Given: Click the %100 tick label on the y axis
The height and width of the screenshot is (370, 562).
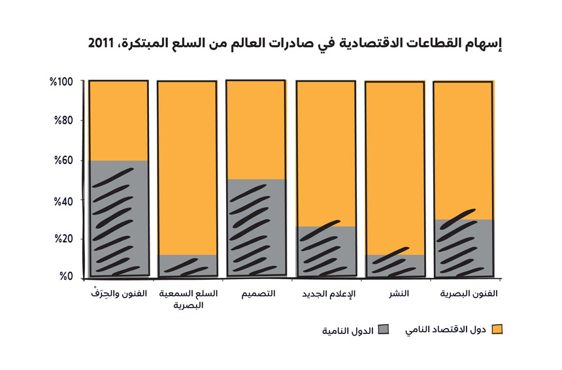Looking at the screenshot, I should pyautogui.click(x=63, y=82).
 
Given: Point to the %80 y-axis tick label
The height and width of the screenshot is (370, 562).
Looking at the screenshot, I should pyautogui.click(x=65, y=120).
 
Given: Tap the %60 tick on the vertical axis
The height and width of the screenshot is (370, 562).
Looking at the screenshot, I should pyautogui.click(x=65, y=160).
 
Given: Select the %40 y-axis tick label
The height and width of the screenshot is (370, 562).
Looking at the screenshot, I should pyautogui.click(x=65, y=199).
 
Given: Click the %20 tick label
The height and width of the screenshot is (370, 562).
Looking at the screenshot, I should pyautogui.click(x=65, y=239).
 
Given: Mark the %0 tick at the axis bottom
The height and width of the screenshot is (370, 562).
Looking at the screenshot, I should pyautogui.click(x=67, y=277).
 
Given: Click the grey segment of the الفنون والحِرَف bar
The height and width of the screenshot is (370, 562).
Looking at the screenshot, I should pyautogui.click(x=118, y=219).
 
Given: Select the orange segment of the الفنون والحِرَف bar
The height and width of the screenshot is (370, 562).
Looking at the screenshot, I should pyautogui.click(x=118, y=121).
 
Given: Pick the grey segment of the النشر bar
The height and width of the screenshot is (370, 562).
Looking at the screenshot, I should pyautogui.click(x=394, y=265).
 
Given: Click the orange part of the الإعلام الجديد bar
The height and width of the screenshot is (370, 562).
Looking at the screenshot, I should pyautogui.click(x=325, y=154).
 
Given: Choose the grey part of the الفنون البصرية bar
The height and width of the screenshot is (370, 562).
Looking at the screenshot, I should pyautogui.click(x=463, y=247).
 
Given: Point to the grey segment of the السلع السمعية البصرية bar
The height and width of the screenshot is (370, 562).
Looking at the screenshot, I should pyautogui.click(x=187, y=265).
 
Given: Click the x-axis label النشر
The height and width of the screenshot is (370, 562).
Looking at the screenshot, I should pyautogui.click(x=399, y=294).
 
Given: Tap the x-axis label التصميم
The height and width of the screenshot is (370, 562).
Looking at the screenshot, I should pyautogui.click(x=257, y=294).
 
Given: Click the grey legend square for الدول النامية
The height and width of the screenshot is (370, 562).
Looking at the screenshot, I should pyautogui.click(x=384, y=329).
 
